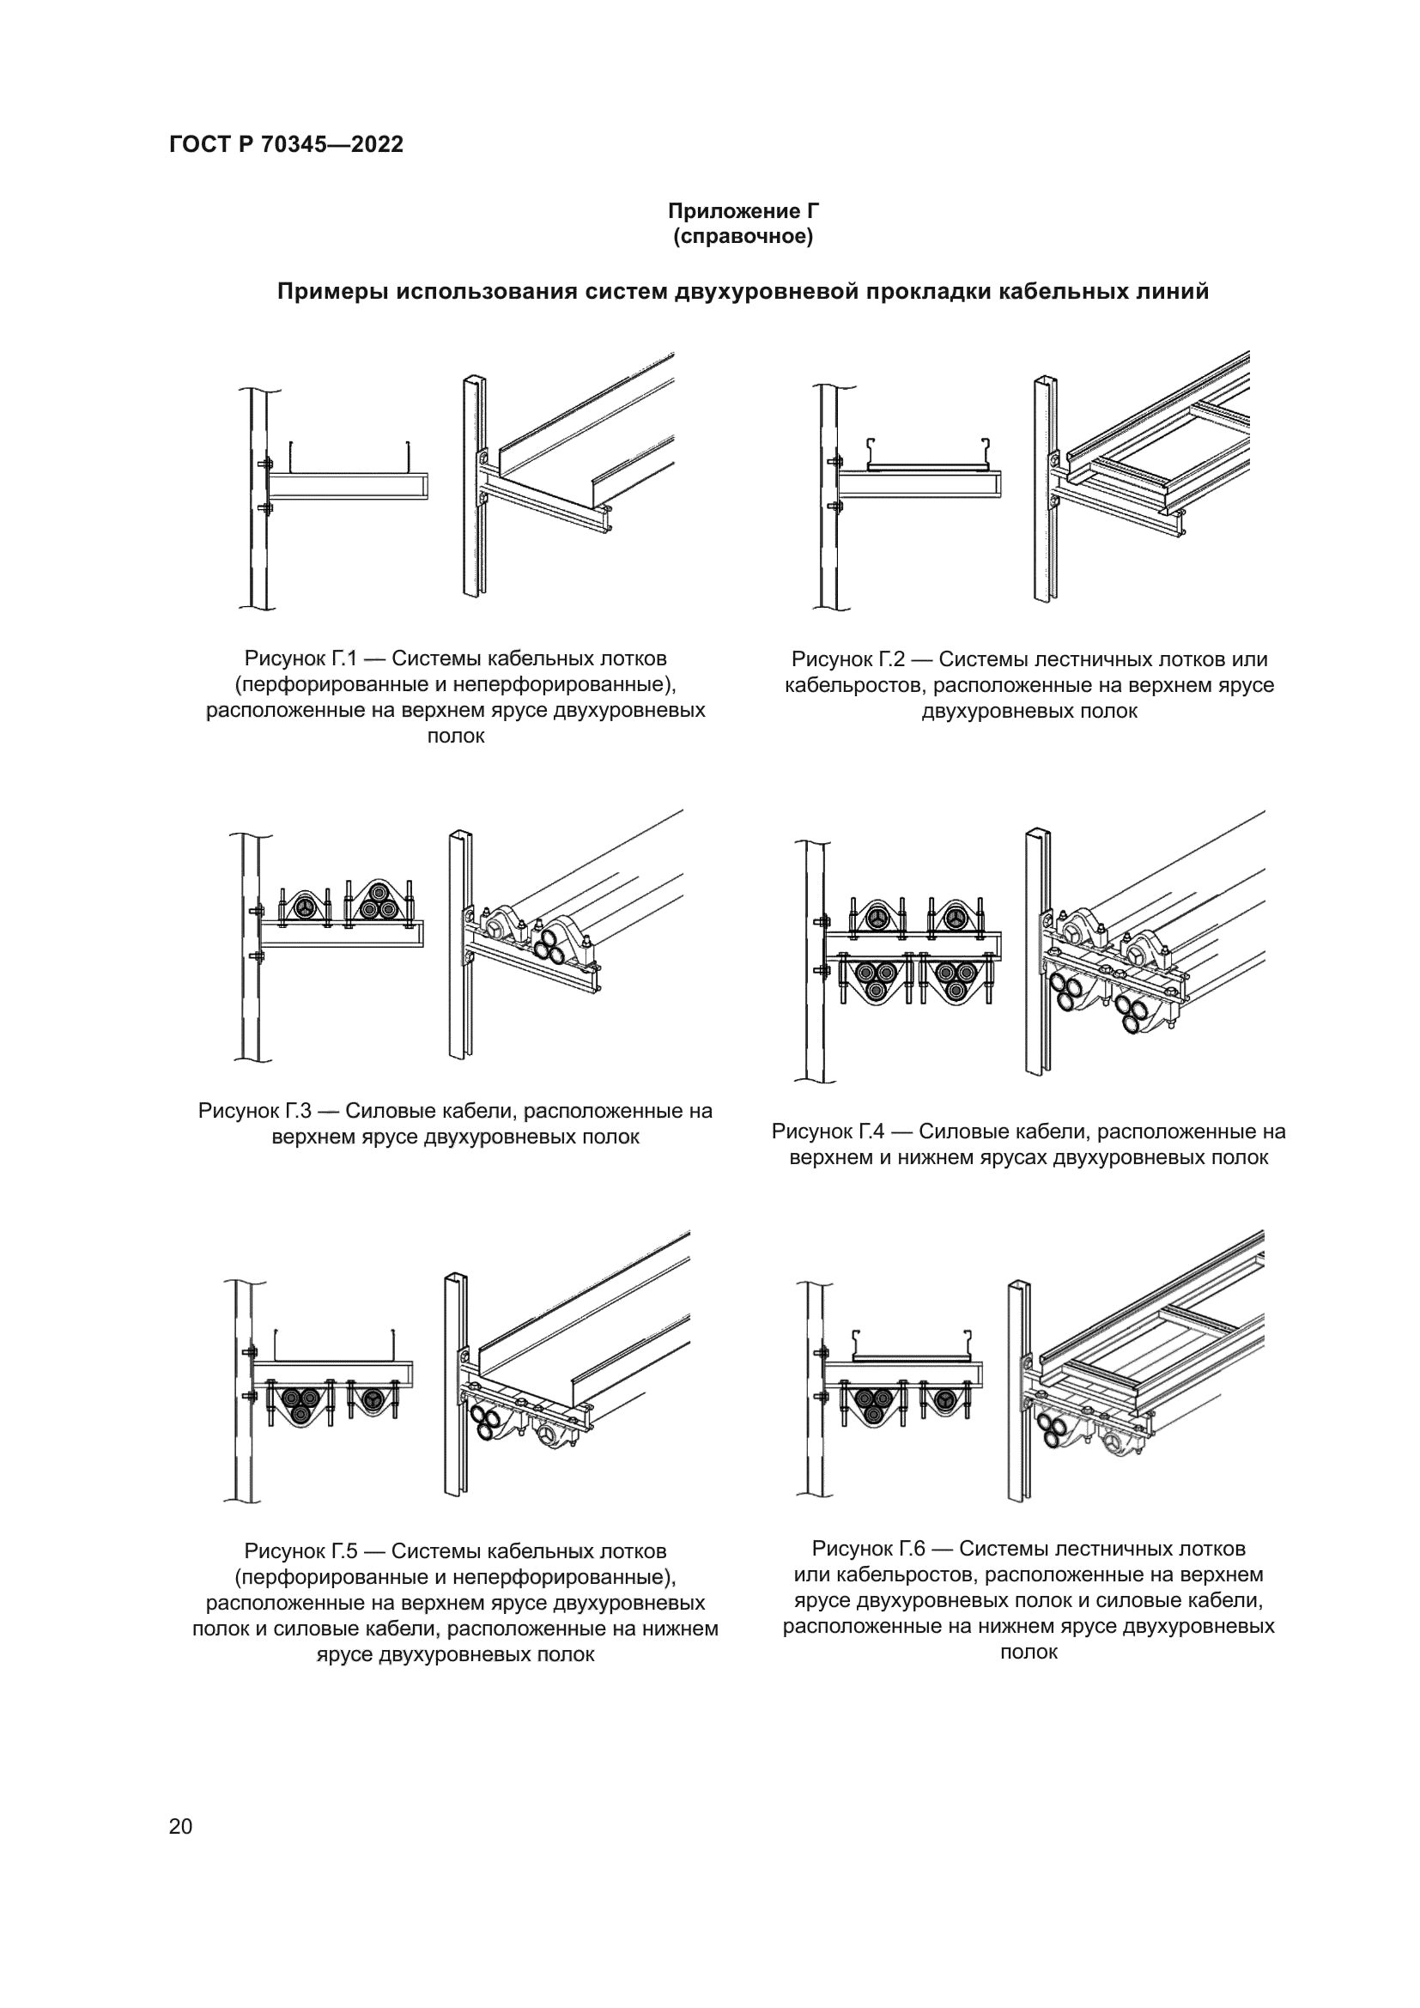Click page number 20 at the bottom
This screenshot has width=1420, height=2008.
[x=180, y=1826]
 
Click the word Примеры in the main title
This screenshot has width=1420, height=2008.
[x=332, y=292]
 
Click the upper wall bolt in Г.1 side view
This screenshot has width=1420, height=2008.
[x=264, y=464]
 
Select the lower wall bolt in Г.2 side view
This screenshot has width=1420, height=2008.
[x=835, y=505]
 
